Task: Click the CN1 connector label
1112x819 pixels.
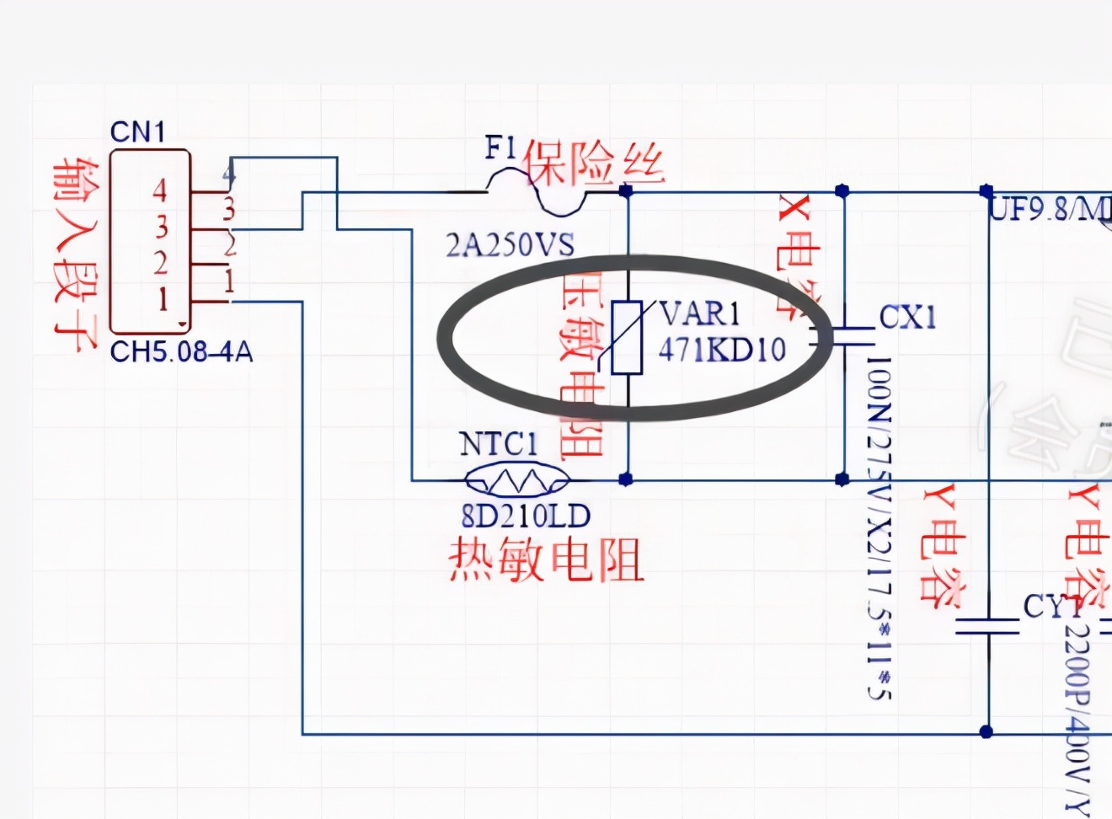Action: coord(137,132)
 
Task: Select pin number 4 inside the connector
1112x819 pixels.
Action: coord(159,191)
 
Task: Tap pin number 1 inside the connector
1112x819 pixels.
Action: coord(162,299)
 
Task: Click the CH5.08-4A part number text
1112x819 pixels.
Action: coord(181,351)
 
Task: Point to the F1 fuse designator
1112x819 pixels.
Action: coord(500,148)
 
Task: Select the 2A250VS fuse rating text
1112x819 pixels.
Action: coord(510,245)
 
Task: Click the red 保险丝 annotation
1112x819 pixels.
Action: coord(595,163)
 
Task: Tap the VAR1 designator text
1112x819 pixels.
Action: coord(699,314)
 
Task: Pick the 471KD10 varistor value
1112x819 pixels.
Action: coord(722,349)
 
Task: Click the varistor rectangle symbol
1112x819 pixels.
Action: coord(627,337)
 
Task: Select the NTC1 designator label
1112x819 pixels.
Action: coord(498,444)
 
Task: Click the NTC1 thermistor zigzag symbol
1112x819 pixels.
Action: coord(516,480)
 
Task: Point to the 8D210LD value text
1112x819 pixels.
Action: coord(526,516)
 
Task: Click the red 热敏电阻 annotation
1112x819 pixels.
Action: coord(546,559)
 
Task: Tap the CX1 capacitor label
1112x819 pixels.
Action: coord(907,318)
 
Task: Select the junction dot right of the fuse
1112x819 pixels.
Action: coord(625,191)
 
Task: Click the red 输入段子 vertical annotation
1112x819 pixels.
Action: coord(73,253)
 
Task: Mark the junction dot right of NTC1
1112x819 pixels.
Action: coord(625,479)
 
